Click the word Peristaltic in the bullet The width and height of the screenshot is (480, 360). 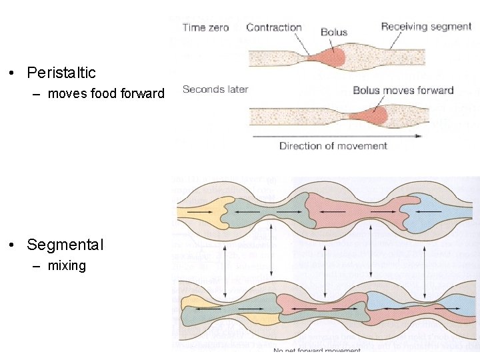pyautogui.click(x=61, y=73)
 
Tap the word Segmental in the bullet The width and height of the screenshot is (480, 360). pyautogui.click(x=65, y=245)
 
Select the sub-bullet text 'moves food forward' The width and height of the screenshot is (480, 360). pyautogui.click(x=106, y=93)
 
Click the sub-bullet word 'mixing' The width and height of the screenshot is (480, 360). pyautogui.click(x=67, y=265)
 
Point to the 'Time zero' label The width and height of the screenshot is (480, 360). pyautogui.click(x=206, y=27)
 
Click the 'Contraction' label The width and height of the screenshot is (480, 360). pyautogui.click(x=273, y=27)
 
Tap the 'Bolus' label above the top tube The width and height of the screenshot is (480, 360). pyautogui.click(x=334, y=32)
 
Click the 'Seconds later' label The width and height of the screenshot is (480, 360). pyautogui.click(x=215, y=89)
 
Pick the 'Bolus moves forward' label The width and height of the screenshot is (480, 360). pyautogui.click(x=403, y=90)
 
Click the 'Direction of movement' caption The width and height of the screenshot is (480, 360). pyautogui.click(x=333, y=146)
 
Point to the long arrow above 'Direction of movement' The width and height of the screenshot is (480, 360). pyautogui.click(x=337, y=136)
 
